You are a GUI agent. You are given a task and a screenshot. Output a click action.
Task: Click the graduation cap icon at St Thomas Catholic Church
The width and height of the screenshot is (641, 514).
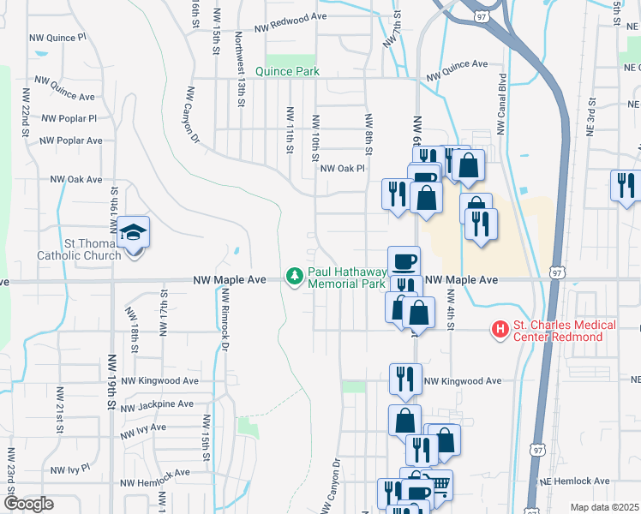click(133, 231)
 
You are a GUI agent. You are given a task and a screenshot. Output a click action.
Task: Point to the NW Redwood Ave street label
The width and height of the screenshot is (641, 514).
click(288, 16)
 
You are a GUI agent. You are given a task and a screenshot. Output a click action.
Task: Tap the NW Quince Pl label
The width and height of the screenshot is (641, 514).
click(57, 39)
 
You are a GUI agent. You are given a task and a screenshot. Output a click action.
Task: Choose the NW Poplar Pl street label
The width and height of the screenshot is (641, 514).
click(69, 118)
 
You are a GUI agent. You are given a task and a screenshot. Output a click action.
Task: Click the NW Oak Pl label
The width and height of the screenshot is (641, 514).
click(343, 169)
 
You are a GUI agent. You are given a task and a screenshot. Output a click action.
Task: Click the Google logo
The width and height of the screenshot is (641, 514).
click(28, 504)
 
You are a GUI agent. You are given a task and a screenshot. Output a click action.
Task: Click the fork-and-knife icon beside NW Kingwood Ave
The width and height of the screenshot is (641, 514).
click(404, 377)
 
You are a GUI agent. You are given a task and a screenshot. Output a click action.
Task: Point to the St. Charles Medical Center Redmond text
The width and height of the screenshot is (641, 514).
click(564, 331)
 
